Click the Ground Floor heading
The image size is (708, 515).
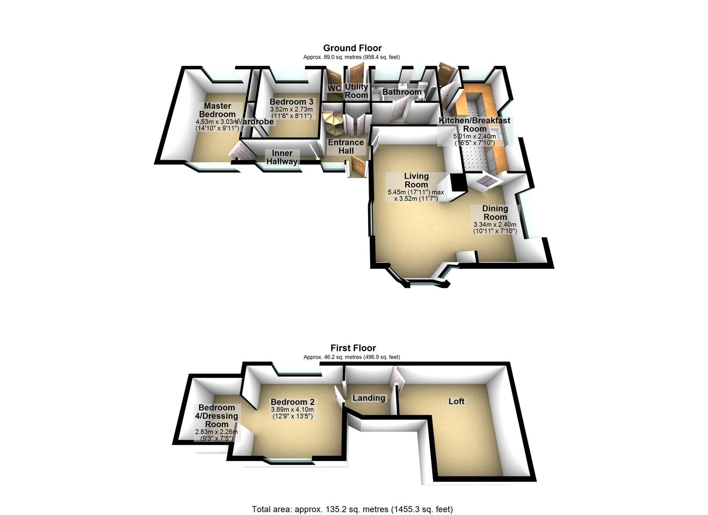pyautogui.click(x=352, y=48)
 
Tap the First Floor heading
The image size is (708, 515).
pyautogui.click(x=353, y=348)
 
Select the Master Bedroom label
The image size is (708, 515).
pyautogui.click(x=217, y=110)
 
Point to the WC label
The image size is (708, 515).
pyautogui.click(x=334, y=89)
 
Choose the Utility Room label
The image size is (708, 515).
pyautogui.click(x=357, y=91)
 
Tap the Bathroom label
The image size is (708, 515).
pyautogui.click(x=402, y=92)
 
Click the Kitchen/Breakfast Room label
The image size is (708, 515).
pyautogui.click(x=474, y=124)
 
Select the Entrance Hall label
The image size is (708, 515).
pyautogui.click(x=346, y=146)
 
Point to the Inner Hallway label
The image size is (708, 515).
pyautogui.click(x=282, y=157)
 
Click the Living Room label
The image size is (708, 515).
pyautogui.click(x=416, y=180)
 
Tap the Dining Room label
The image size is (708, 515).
pyautogui.click(x=495, y=213)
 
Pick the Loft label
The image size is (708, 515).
pyautogui.click(x=456, y=401)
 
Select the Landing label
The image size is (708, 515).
pyautogui.click(x=369, y=398)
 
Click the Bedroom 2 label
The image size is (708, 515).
pyautogui.click(x=292, y=402)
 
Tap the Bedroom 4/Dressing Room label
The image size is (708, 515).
pyautogui.click(x=217, y=416)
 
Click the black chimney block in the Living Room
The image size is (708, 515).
pyautogui.click(x=458, y=182)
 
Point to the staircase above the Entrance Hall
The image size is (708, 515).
pyautogui.click(x=333, y=124)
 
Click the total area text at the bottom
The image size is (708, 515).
pyautogui.click(x=352, y=509)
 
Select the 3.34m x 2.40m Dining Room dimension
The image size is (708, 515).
pyautogui.click(x=494, y=225)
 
